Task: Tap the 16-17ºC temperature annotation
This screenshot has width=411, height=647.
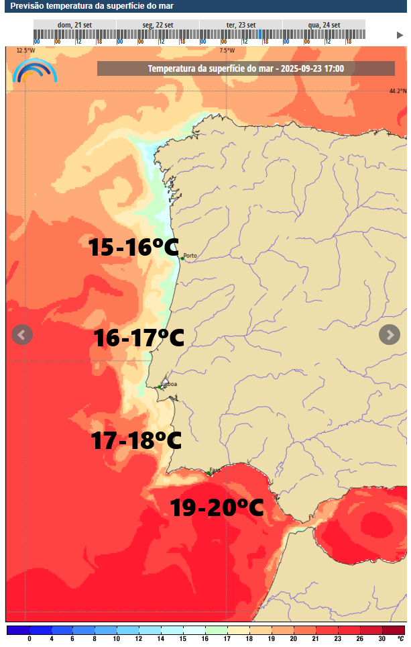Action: point(139,338)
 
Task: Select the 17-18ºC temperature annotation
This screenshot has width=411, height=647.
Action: point(137,441)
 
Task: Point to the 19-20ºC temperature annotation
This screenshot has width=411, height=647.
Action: point(217,507)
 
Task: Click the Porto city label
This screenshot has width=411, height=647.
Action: point(190,256)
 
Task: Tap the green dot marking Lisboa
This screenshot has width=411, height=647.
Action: point(160,387)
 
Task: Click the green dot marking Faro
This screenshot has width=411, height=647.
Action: point(209,473)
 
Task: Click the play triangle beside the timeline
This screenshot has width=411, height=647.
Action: point(400,35)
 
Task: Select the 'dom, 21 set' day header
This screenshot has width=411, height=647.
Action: point(74,25)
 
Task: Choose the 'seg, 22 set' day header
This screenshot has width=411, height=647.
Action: point(158,25)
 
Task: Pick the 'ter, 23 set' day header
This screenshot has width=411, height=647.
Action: point(241,25)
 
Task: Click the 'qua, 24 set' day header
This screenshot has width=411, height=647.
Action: point(324,25)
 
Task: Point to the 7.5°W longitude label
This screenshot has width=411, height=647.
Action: point(227,50)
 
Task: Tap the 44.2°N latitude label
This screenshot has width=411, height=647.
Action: point(398,91)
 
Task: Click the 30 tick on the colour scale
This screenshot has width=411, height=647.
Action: point(381,639)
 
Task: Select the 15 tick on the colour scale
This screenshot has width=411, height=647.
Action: point(182,639)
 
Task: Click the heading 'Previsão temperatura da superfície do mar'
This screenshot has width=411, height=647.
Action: point(84,5)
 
